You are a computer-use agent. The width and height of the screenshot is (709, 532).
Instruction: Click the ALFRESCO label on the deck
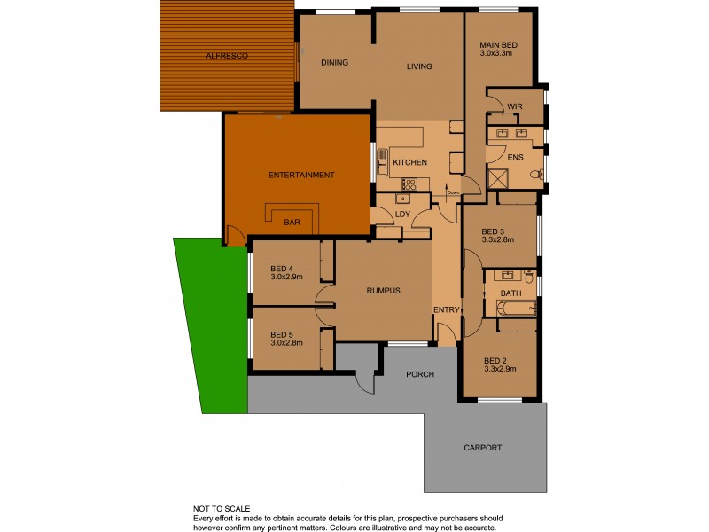point(226,56)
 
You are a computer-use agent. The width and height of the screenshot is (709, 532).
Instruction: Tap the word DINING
point(334,63)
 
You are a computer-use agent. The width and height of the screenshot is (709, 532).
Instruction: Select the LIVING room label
point(418,66)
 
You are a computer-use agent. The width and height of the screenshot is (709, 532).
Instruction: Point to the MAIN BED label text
point(498,45)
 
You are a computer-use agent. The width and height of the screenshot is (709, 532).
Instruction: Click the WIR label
point(514,106)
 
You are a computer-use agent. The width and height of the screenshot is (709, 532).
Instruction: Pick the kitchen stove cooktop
point(409,184)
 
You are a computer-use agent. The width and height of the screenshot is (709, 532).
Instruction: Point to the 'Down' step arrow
point(453,192)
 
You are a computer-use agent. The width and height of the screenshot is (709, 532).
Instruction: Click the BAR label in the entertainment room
point(291,223)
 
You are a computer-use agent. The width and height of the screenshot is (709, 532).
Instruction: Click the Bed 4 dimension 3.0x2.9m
point(286,277)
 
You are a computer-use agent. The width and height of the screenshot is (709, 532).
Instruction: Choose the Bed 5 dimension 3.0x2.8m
point(286,343)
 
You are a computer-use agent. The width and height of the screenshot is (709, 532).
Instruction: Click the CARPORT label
point(482,448)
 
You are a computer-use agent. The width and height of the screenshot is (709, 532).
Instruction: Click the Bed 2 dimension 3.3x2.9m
point(499,368)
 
